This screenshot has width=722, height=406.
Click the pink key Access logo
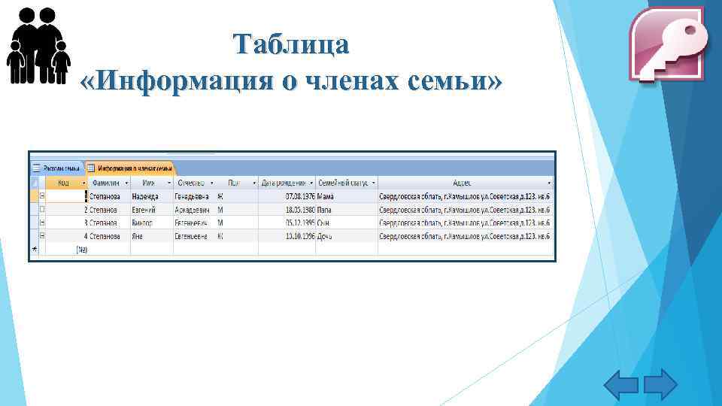(666, 44)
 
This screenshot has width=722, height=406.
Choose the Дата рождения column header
(284, 183)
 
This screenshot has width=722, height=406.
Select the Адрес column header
(462, 183)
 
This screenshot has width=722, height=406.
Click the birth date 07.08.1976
(300, 196)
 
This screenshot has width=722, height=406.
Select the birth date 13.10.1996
(300, 237)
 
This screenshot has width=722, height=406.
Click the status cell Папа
(325, 210)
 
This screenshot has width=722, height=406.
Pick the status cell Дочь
(325, 237)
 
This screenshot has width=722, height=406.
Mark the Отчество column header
(190, 183)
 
